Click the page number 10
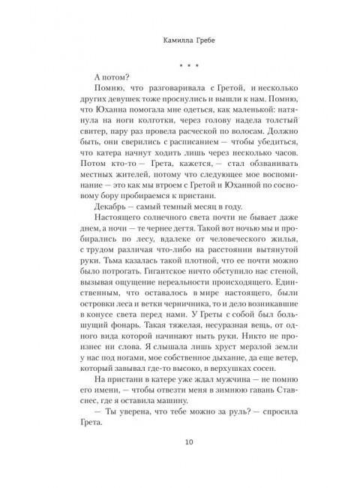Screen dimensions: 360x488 (x=180, y=441)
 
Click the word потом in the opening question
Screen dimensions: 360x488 (x=118, y=75)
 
